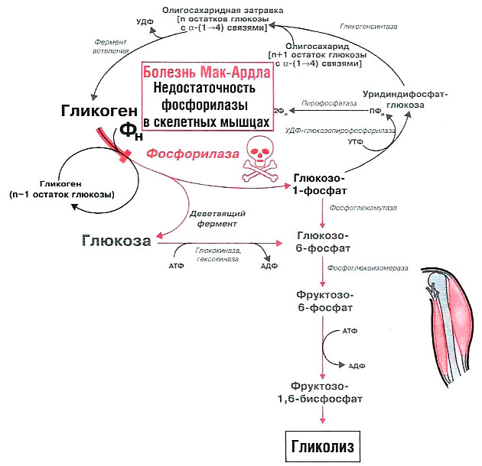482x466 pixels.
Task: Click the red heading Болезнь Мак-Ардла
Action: (207, 74)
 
